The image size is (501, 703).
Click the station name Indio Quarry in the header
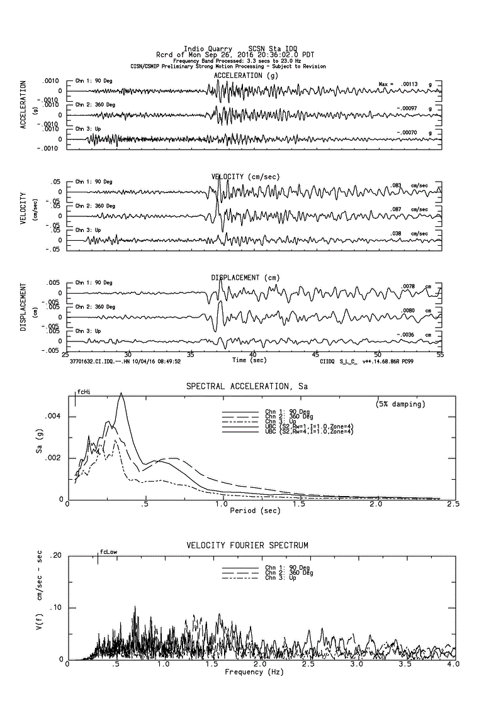click(x=207, y=49)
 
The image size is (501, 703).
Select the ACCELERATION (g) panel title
click(x=246, y=75)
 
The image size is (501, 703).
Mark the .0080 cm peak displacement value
click(x=407, y=310)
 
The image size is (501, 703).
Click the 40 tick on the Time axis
click(x=252, y=355)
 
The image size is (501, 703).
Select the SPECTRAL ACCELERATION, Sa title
click(x=250, y=385)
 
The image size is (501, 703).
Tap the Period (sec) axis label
click(x=255, y=511)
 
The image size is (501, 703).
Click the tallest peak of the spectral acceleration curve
click(x=121, y=393)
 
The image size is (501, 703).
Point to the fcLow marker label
click(x=108, y=552)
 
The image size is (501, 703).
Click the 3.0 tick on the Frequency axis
click(x=356, y=665)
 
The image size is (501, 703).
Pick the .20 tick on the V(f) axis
click(x=57, y=556)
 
